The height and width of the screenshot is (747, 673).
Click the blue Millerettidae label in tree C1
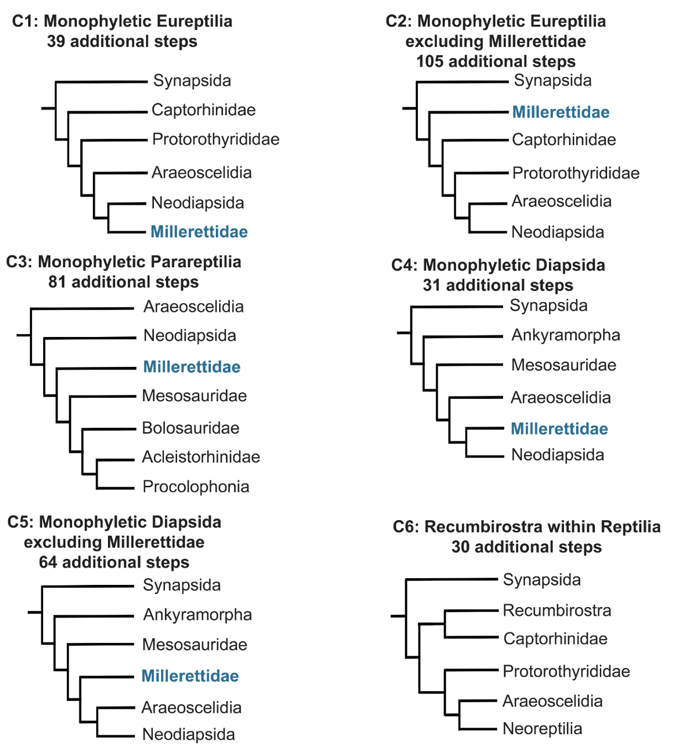199,232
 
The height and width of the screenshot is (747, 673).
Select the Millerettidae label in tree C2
561,112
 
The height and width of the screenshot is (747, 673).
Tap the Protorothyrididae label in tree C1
216,139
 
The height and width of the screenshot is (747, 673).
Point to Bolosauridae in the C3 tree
190,428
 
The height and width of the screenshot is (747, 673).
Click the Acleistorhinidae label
201,457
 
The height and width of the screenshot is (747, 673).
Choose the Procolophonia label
195,487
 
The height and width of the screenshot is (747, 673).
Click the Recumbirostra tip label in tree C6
557,611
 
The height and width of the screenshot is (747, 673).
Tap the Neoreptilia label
542,729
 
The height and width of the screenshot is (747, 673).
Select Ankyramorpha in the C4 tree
566,335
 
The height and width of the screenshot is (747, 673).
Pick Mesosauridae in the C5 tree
194,645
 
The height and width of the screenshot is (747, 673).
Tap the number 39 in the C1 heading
56,41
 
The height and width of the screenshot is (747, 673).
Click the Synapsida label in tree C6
542,580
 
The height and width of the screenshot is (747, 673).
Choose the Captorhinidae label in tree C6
555,639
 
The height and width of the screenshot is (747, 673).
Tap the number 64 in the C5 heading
48,562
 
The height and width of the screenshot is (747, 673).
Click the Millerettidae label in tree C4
560,429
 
